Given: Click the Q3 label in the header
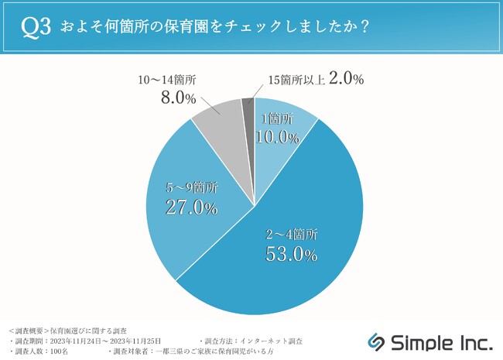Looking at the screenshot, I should (x=36, y=26).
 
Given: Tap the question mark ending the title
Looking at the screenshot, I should (x=364, y=26).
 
